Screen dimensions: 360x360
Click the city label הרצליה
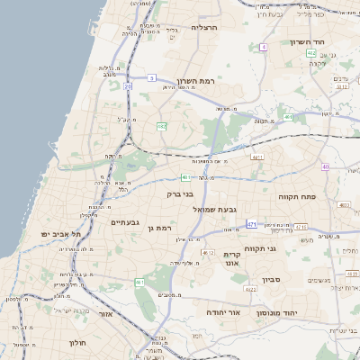(x=206, y=28)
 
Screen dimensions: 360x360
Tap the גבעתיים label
(x=123, y=221)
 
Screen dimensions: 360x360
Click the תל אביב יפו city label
(x=61, y=234)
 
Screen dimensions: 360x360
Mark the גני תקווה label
(x=261, y=248)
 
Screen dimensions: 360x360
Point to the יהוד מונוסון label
(x=277, y=313)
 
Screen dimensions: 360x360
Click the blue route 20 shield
(x=128, y=86)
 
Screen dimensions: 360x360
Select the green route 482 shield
(x=162, y=127)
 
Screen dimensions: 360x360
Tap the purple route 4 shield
(x=263, y=47)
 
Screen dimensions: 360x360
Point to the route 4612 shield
(x=209, y=254)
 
